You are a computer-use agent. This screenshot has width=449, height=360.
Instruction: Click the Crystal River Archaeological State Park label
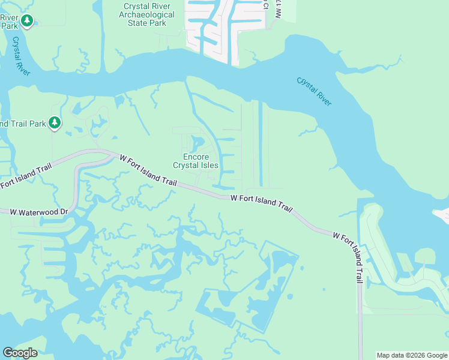pyautogui.click(x=146, y=14)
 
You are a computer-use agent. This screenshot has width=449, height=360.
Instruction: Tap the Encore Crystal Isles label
pyautogui.click(x=195, y=161)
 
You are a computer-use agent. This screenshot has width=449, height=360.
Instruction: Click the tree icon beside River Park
pyautogui.click(x=26, y=22)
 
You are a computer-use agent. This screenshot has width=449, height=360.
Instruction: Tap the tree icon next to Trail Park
pyautogui.click(x=55, y=123)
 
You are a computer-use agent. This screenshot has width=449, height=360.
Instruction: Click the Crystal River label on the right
pyautogui.click(x=314, y=91)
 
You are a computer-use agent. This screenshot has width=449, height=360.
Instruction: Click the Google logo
pyautogui.click(x=20, y=353)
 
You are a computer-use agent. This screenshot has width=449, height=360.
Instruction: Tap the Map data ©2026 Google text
pyautogui.click(x=412, y=355)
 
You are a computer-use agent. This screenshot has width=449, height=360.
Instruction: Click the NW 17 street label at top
pyautogui.click(x=278, y=9)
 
